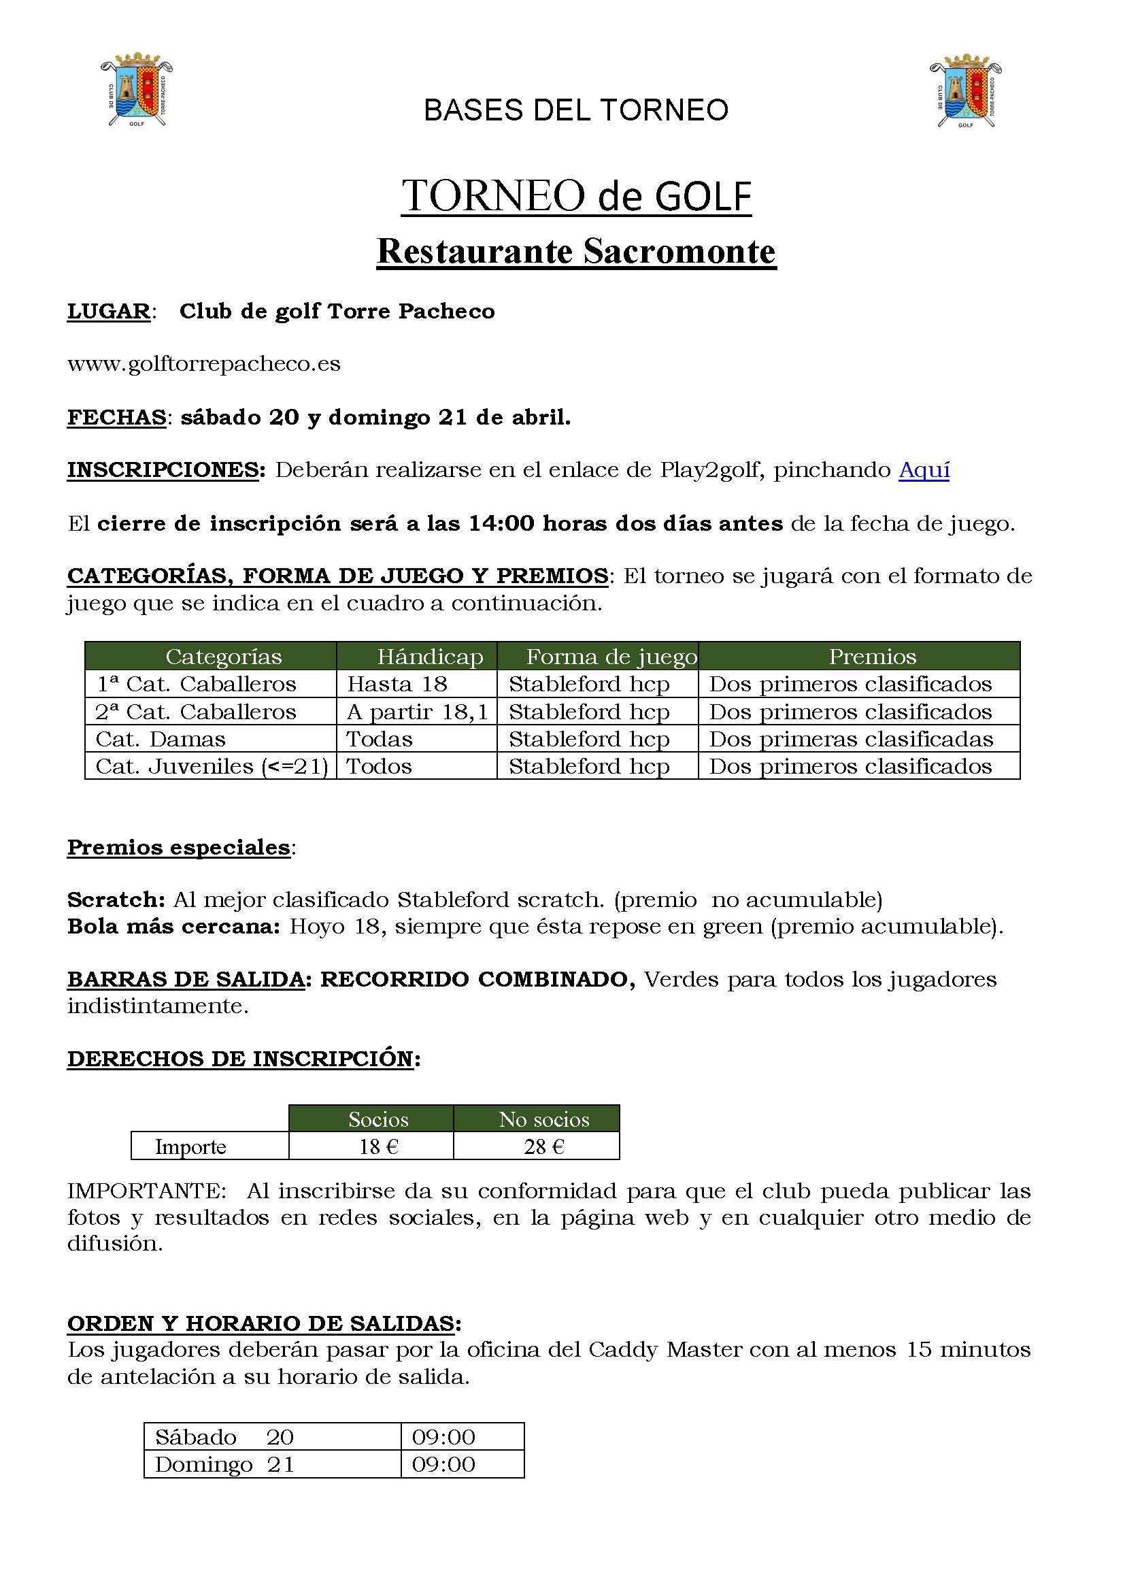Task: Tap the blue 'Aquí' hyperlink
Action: click(924, 470)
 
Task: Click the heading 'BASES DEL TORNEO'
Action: click(575, 110)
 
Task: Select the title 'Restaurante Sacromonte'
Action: click(575, 252)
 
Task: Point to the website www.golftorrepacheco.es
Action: click(203, 364)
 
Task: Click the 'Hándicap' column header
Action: click(429, 656)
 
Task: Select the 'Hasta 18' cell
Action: click(398, 684)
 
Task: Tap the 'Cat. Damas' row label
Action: click(161, 740)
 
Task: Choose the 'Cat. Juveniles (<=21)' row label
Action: click(212, 766)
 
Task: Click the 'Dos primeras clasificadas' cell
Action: click(851, 740)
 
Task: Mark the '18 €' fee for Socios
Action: click(378, 1146)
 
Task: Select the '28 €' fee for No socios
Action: click(544, 1146)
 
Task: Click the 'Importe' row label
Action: click(190, 1146)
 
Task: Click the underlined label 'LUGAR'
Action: click(109, 312)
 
